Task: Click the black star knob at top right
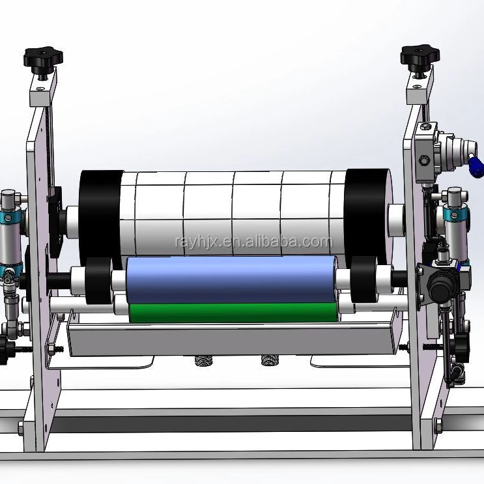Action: click(x=420, y=57)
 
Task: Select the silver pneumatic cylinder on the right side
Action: click(x=455, y=228)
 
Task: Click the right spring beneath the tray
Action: click(x=268, y=360)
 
